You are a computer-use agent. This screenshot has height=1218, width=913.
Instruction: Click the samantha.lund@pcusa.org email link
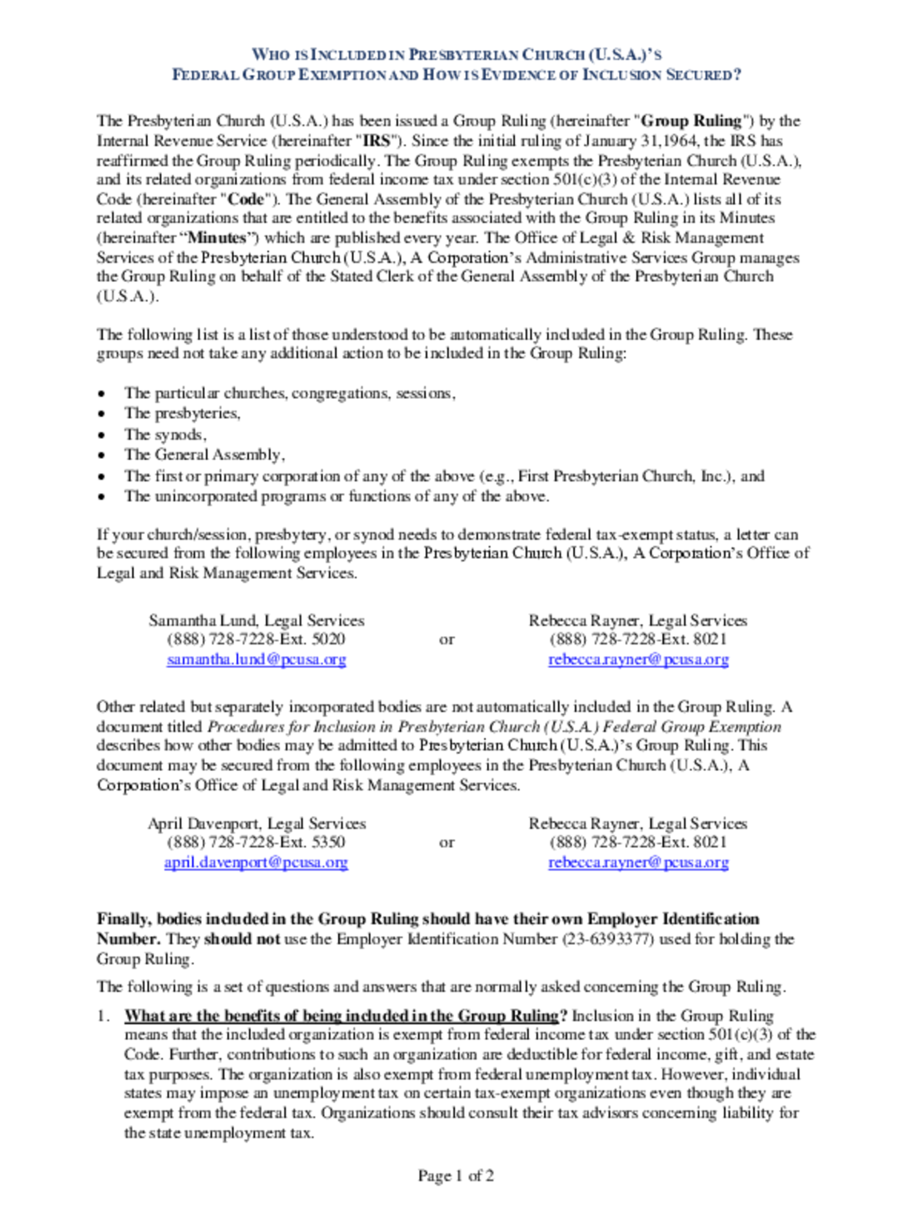[x=256, y=659]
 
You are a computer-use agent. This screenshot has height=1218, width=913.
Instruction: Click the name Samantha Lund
[x=202, y=621]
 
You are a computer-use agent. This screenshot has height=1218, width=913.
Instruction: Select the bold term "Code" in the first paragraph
[x=246, y=199]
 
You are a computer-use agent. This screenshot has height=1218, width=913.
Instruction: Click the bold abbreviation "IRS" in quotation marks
[x=377, y=141]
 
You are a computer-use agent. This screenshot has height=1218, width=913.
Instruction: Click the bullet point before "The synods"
[x=101, y=435]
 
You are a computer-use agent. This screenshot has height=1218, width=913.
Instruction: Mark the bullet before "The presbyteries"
[x=101, y=414]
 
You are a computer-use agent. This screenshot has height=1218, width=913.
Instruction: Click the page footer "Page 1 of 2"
[x=456, y=1176]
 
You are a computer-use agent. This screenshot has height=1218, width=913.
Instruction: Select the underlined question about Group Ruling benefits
[x=341, y=1015]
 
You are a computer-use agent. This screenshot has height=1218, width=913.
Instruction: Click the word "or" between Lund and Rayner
[x=447, y=639]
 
